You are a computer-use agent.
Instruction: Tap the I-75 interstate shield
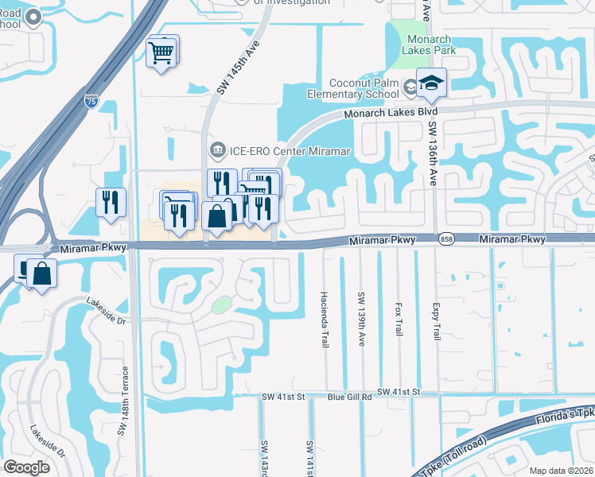tap(91, 101)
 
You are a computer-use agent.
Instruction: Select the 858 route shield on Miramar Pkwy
tap(448, 239)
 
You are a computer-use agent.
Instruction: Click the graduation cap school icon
tap(430, 83)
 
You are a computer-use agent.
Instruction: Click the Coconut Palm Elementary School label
tap(365, 88)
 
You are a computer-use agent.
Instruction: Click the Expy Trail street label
tap(436, 321)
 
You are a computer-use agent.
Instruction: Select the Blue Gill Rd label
tap(350, 396)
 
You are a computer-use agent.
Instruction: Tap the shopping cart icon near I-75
tap(161, 52)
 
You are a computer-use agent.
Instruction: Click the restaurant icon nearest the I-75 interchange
tap(111, 201)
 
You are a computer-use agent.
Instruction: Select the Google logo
tap(27, 467)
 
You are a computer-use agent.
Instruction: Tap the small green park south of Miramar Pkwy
tap(222, 304)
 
